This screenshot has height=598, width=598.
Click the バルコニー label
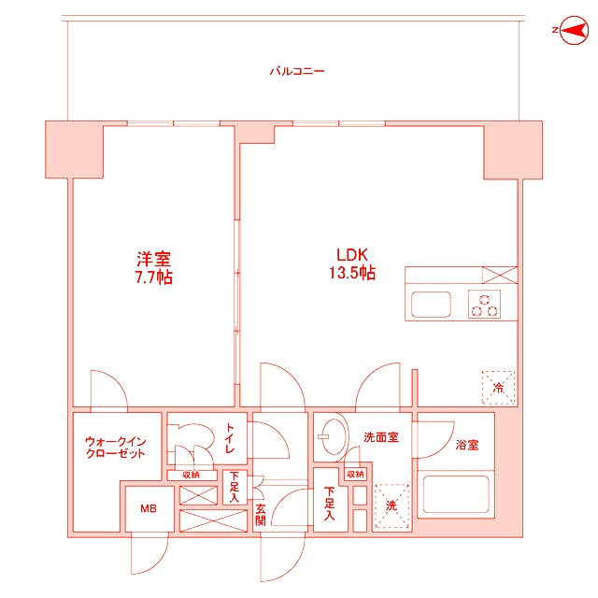pos(296,71)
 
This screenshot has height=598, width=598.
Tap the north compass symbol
pos(569,32)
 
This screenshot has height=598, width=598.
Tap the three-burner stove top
pos(486,305)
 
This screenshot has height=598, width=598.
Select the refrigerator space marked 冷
pos(497,386)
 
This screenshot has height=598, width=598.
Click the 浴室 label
pos(467,445)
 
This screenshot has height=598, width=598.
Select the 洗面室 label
pos(381,436)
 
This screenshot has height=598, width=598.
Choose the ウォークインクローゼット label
pos(114,446)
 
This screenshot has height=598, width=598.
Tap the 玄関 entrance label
pos(261,515)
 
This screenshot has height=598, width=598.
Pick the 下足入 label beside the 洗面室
pos(330,505)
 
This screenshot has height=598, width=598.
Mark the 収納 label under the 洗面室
pos(355,475)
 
